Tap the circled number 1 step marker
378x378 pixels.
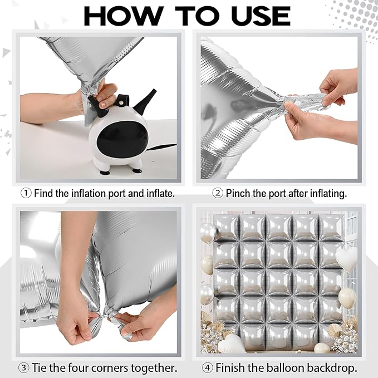click(x=26, y=193)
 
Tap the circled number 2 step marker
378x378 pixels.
click(x=217, y=193)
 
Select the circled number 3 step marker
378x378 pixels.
click(x=23, y=368)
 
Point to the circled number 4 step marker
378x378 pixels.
click(x=208, y=368)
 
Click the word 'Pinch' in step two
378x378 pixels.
click(x=237, y=193)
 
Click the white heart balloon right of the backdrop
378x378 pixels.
click(x=346, y=260)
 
